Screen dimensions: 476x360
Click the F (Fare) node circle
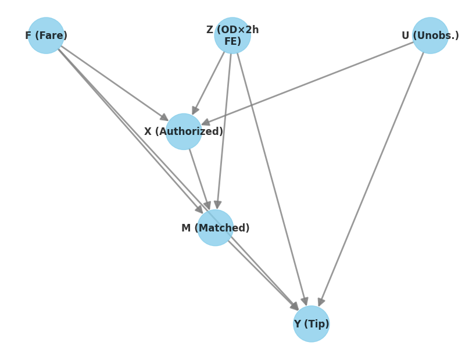point(46,35)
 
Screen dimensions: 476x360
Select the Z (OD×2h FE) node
point(232,35)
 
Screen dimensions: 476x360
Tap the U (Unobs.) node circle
point(430,35)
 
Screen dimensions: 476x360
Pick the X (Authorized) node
point(184,131)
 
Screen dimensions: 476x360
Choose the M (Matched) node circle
point(215,228)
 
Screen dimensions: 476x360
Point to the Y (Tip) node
point(311,324)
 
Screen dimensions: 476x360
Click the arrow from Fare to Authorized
point(114,83)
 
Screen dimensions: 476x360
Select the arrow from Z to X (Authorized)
point(208,83)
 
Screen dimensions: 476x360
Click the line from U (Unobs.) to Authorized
point(307,83)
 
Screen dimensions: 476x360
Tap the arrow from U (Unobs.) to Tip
point(371,179)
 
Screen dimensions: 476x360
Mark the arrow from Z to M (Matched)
point(224,131)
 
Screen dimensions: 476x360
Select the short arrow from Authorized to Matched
point(199,179)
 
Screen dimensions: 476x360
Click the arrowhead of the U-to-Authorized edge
point(206,122)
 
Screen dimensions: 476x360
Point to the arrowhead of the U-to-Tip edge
point(321,302)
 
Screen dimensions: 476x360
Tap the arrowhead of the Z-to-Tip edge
point(305,301)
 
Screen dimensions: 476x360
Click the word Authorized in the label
point(189,131)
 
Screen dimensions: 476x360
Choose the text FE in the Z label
point(232,41)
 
